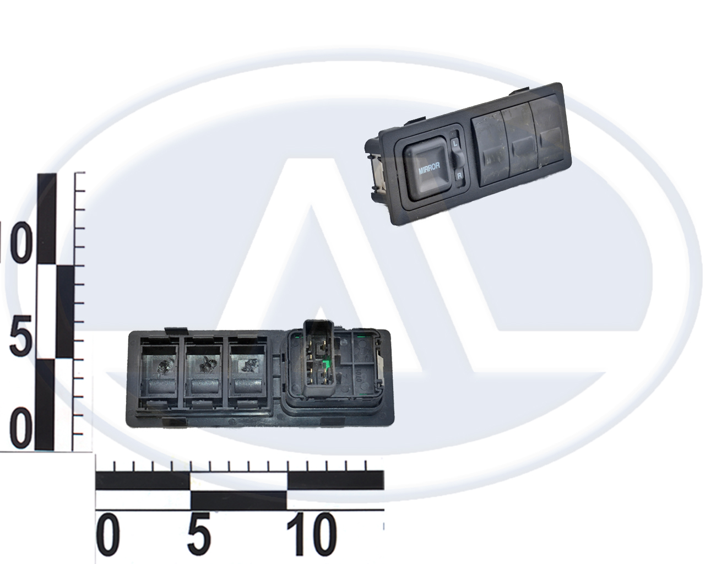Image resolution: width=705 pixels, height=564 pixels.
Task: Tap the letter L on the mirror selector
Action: tap(454, 143)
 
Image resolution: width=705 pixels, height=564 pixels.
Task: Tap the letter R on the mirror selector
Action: tap(459, 176)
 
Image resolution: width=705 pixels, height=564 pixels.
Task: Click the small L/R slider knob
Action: tap(457, 159)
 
